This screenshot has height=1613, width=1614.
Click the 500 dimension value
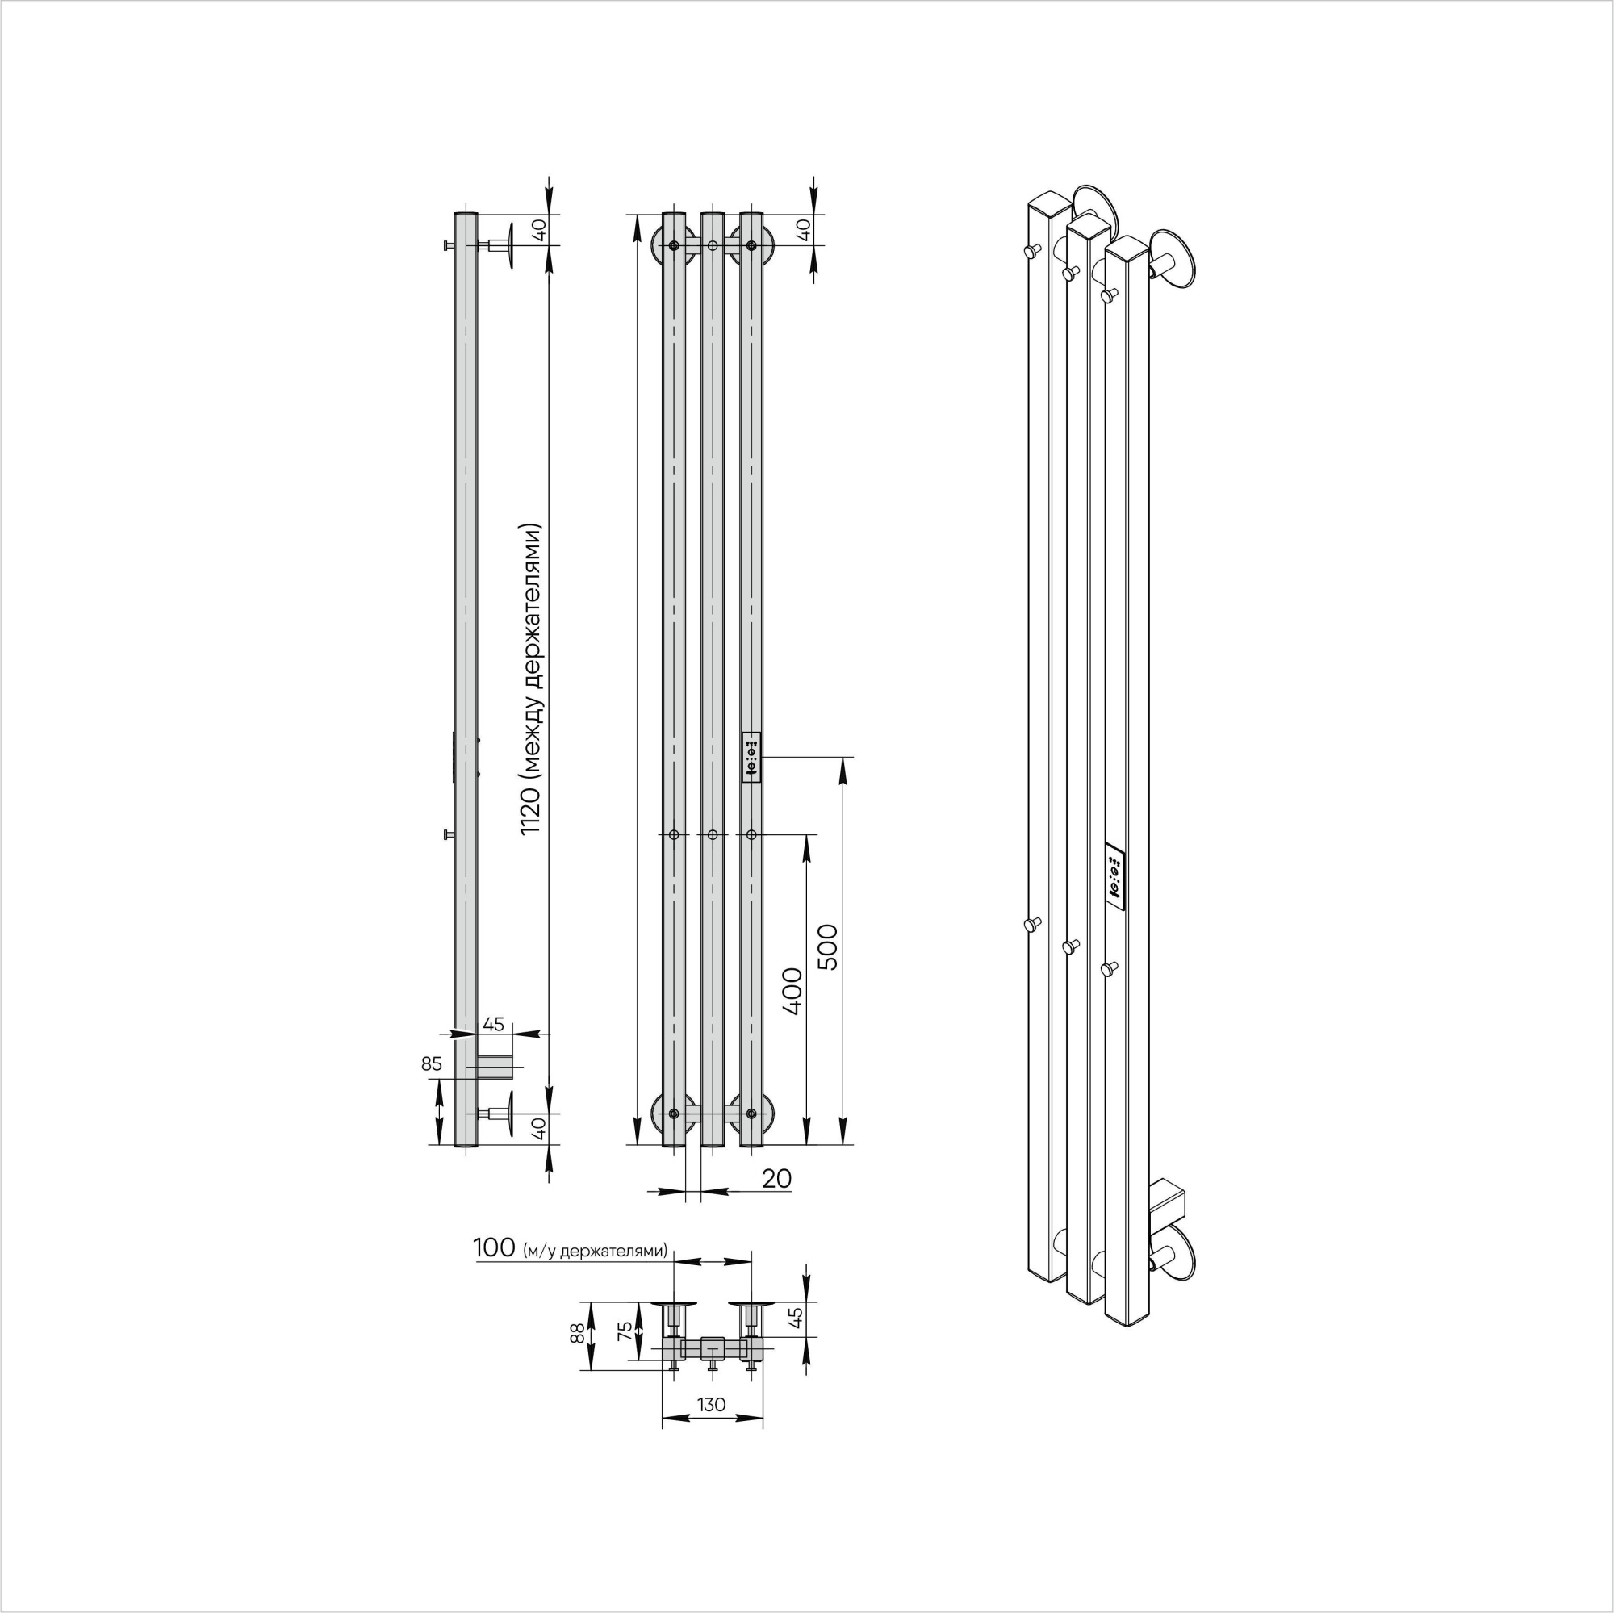[827, 946]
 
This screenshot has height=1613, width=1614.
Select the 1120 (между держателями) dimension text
[531, 679]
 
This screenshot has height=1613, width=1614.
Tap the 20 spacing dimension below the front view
[776, 1179]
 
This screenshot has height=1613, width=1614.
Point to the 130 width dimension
[711, 1404]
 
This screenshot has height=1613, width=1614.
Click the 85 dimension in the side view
[431, 1064]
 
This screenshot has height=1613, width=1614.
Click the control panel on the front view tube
[751, 758]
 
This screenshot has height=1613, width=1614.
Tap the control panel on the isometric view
[1114, 876]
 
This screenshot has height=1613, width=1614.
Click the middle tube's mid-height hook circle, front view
[712, 834]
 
